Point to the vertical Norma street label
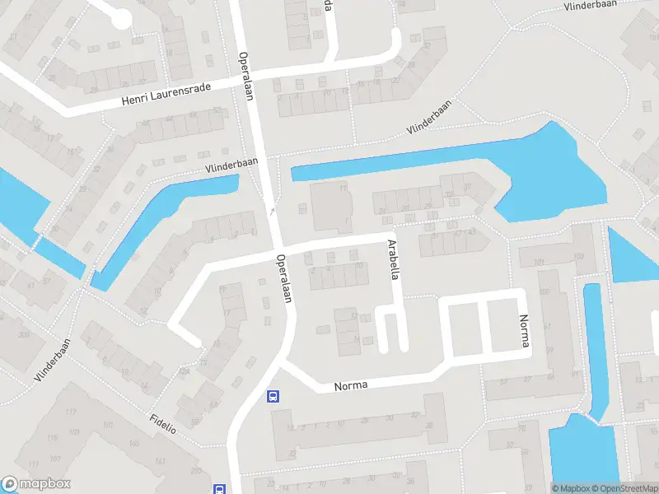tap(522, 331)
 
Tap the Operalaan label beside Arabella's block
tap(284, 277)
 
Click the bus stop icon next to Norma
tap(273, 396)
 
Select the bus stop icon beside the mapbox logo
tap(220, 488)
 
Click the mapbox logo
tap(36, 485)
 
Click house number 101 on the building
tap(540, 263)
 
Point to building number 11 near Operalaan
tap(342, 189)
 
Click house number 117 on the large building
tap(71, 412)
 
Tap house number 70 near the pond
tap(521, 428)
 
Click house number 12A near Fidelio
tap(186, 372)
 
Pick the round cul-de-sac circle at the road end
tap(122, 18)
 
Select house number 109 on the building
tap(578, 259)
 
